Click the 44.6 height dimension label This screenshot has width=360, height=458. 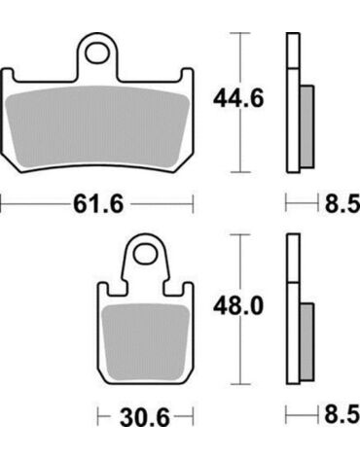click(238, 98)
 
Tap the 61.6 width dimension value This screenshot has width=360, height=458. click(98, 204)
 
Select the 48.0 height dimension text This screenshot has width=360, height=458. click(238, 306)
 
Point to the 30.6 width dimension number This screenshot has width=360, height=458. click(145, 417)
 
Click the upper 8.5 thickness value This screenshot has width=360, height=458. click(342, 204)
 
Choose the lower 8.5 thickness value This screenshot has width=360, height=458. click(342, 414)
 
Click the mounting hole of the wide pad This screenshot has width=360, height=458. click(97, 53)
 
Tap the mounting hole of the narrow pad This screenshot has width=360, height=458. click(145, 254)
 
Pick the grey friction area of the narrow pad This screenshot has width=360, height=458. click(145, 342)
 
